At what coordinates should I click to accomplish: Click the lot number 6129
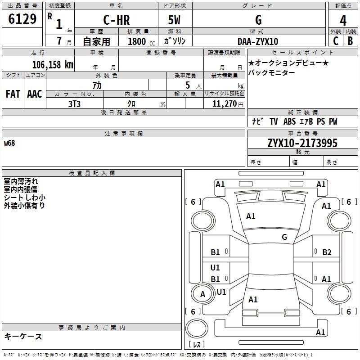22,19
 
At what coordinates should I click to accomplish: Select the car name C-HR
116,20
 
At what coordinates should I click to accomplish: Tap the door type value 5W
175,20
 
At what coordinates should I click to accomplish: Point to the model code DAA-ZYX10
258,41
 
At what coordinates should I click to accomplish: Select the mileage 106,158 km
52,64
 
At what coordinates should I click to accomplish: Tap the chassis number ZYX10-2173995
302,143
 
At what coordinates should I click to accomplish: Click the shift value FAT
13,94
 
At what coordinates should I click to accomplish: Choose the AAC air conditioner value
35,94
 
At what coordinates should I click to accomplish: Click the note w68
9,144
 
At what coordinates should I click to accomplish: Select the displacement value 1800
137,41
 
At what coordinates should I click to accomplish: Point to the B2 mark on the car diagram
327,252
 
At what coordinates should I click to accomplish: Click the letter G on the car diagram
284,237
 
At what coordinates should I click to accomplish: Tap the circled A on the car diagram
202,294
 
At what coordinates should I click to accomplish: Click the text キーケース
23,336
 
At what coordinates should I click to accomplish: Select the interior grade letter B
350,41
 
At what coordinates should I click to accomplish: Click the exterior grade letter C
335,41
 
